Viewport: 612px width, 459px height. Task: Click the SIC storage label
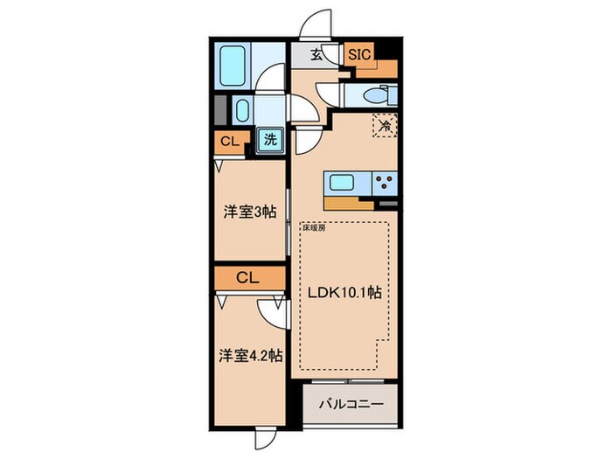coord(359,54)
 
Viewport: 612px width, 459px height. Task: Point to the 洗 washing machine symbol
coord(271,138)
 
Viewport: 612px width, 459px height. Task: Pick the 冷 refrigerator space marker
coord(385,126)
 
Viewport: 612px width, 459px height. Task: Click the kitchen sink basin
coord(341,184)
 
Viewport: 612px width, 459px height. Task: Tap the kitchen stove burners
coord(383,184)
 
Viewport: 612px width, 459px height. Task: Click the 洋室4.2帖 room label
coord(249,356)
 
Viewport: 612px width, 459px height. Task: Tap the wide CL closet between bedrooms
coord(249,279)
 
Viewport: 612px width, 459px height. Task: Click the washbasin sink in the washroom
coord(242,112)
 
